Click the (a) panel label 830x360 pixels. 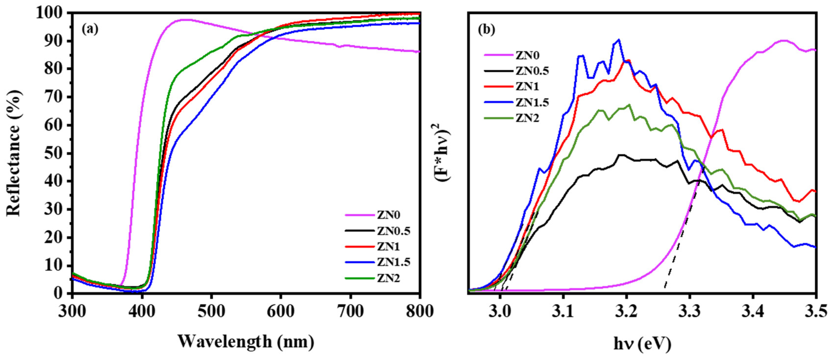click(90, 29)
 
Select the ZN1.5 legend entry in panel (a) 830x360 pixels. click(393, 262)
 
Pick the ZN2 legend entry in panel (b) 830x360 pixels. click(527, 118)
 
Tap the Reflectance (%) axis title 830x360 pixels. click(14, 153)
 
